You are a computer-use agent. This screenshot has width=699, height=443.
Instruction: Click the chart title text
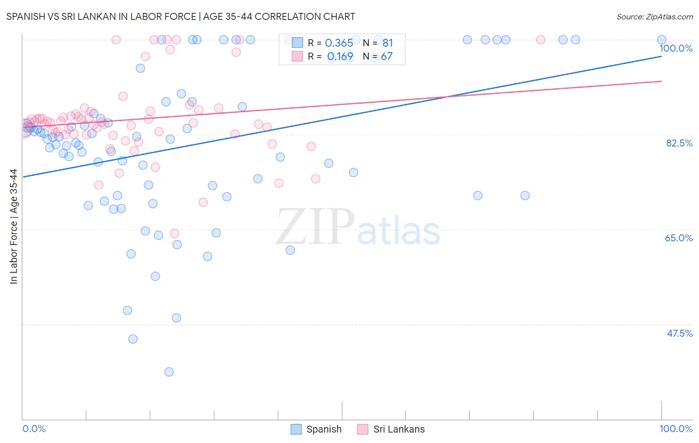tap(180, 16)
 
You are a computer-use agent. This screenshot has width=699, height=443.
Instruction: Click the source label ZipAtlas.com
tap(654, 16)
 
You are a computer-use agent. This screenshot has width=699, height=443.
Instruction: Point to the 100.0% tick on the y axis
tap(676, 48)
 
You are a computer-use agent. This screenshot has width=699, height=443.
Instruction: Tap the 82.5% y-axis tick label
tap(679, 143)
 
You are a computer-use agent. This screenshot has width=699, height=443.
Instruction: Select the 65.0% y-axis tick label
tap(679, 238)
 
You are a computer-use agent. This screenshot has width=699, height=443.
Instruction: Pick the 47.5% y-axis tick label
tap(679, 333)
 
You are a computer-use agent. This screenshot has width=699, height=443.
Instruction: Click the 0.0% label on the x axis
tap(34, 429)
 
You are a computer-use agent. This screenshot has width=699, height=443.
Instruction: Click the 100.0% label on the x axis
tap(676, 429)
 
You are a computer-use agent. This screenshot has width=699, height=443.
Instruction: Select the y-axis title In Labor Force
tap(13, 226)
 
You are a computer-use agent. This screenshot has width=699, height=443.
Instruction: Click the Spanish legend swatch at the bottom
tap(296, 429)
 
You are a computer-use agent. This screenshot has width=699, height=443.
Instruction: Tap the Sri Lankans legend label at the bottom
tap(399, 429)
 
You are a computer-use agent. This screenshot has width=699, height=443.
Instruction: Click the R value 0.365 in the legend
tap(339, 43)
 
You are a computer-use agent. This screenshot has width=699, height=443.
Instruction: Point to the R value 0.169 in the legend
tap(340, 57)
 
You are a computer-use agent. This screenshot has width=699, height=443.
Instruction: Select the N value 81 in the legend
tap(387, 43)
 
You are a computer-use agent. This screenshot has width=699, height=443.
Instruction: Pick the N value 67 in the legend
tap(386, 57)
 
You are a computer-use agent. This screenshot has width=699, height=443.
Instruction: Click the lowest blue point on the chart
tap(169, 372)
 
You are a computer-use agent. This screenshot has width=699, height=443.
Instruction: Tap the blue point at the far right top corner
tap(662, 40)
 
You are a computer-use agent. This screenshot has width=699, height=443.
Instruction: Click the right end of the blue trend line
tap(661, 56)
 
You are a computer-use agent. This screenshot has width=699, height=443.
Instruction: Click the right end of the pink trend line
tap(661, 81)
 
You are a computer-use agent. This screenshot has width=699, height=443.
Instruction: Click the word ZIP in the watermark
tap(315, 227)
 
